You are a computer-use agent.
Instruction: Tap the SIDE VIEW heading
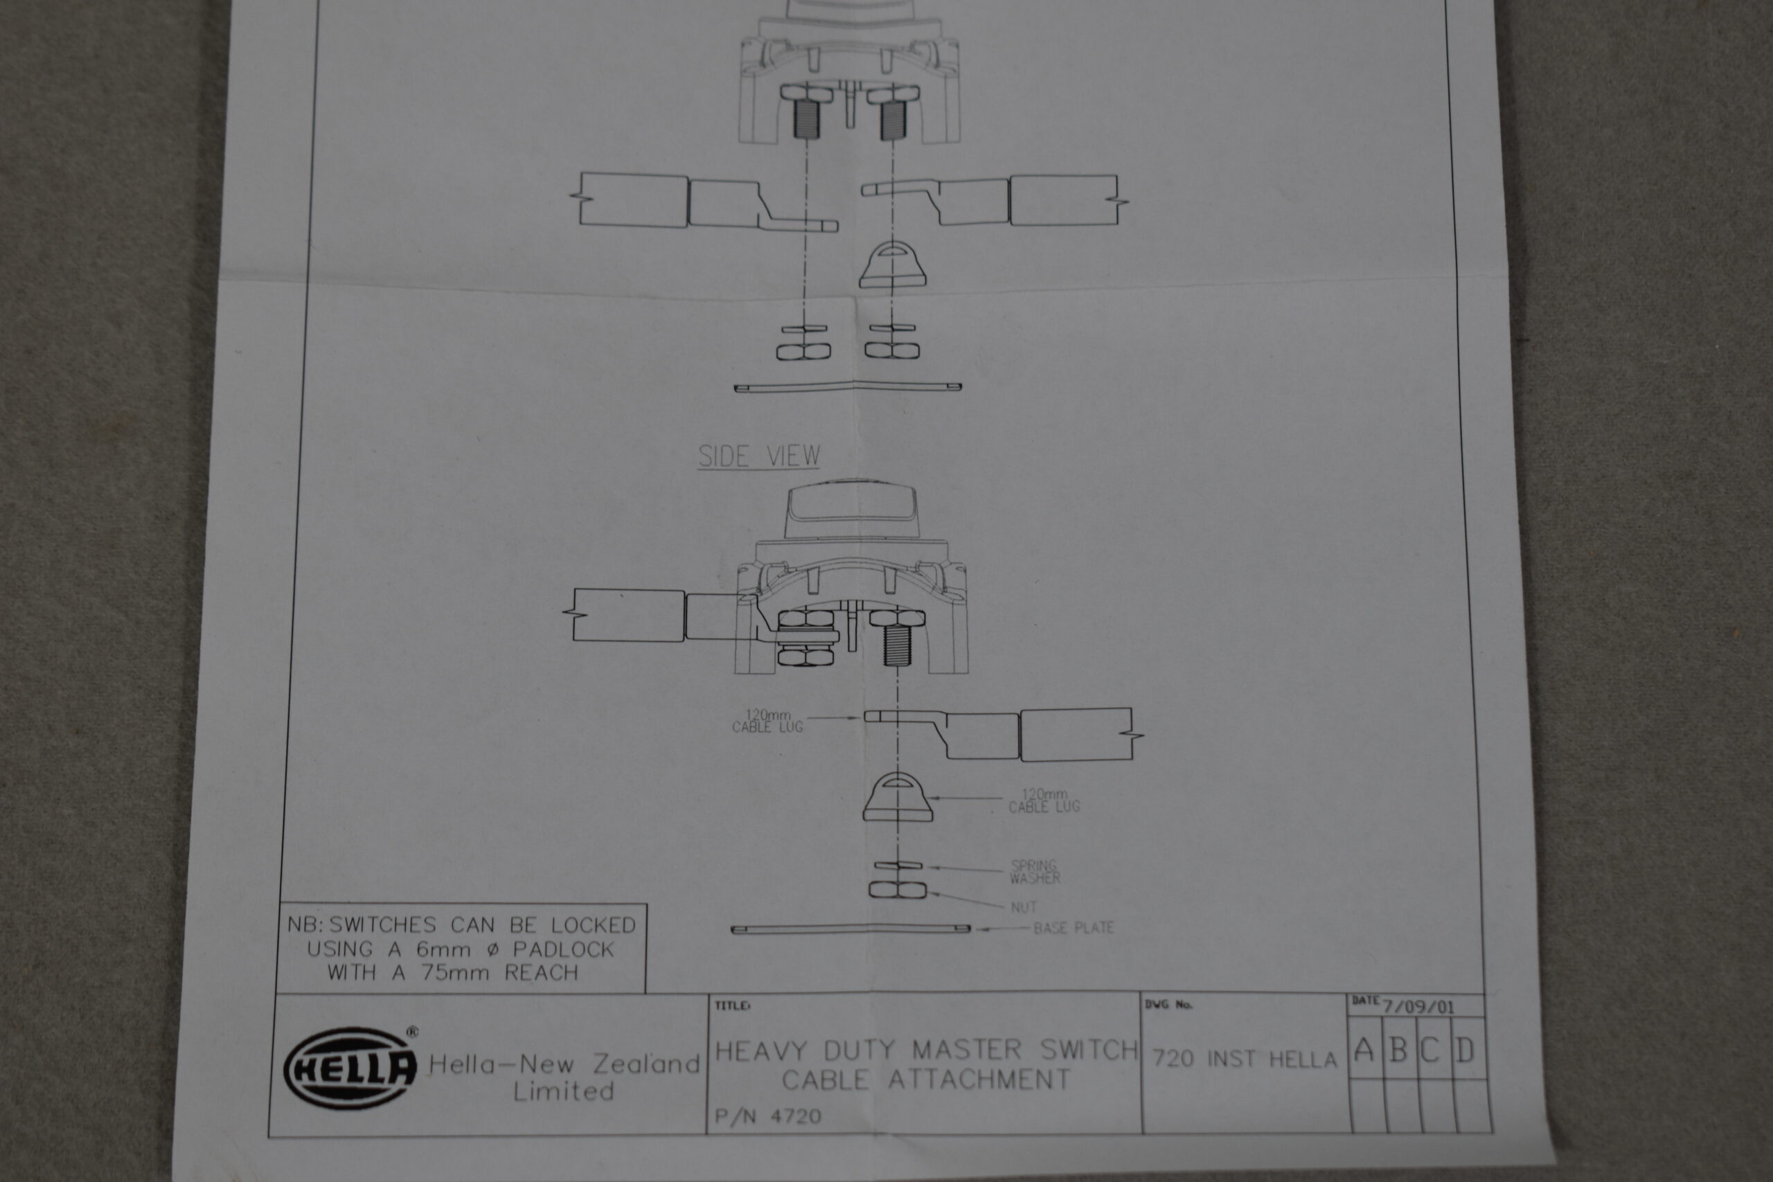[x=758, y=456]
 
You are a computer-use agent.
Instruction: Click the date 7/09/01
[x=1417, y=1006]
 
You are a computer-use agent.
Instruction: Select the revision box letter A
[x=1364, y=1050]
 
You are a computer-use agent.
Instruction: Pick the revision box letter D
[x=1464, y=1050]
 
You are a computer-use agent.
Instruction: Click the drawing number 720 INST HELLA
[x=1244, y=1059]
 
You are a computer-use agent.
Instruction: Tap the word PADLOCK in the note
[x=564, y=949]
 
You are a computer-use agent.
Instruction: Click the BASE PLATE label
[x=1073, y=928]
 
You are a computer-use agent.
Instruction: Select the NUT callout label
[x=1024, y=907]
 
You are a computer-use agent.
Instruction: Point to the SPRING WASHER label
[x=1035, y=872]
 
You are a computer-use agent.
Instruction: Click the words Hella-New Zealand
[x=564, y=1064]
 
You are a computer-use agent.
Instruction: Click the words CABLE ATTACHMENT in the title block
[x=926, y=1080]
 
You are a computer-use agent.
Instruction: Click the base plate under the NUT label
[x=850, y=929]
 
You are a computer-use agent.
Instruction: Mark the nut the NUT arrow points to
[x=897, y=890]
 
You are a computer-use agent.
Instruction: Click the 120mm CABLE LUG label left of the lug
[x=767, y=721]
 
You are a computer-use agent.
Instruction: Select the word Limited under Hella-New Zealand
[x=564, y=1091]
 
